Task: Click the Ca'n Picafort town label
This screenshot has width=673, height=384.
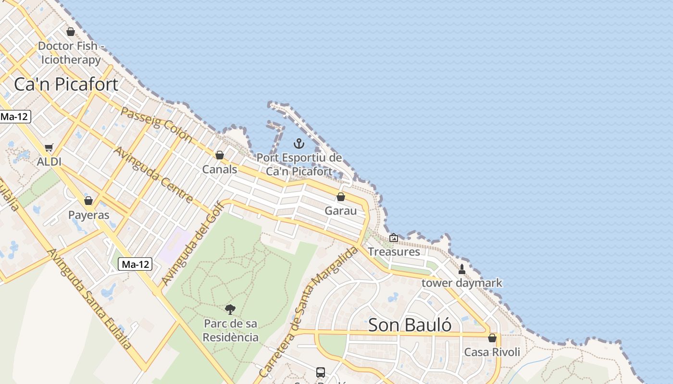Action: coord(66,84)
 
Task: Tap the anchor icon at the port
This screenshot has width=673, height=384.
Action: coord(299,144)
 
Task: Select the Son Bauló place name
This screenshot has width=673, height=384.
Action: coord(410,325)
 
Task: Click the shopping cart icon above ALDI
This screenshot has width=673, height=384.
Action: coord(49,147)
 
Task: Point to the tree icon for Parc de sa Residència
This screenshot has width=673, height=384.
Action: coord(230,310)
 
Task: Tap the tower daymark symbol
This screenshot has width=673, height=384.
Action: coord(462,269)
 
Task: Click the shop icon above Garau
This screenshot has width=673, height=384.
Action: coord(341,197)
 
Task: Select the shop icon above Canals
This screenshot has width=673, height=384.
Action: coord(220,155)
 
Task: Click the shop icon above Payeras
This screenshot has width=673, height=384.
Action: coord(88,201)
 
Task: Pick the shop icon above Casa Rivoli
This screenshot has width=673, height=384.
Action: coord(492,338)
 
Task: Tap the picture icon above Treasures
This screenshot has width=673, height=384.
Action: coord(394,238)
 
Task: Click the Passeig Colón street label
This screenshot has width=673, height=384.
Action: coord(156,125)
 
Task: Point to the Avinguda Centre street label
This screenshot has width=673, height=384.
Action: coord(153,175)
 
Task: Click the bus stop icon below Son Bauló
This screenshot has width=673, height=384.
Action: coord(321,372)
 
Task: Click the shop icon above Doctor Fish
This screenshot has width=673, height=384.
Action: coord(71,32)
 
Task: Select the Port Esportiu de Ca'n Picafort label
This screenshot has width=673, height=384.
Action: coord(299,164)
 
